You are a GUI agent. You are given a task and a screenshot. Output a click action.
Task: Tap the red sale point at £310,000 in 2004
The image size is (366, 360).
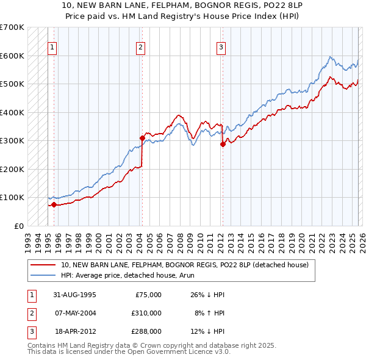click(x=142, y=138)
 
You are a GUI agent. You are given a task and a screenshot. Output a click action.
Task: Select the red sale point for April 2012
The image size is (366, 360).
click(x=223, y=144)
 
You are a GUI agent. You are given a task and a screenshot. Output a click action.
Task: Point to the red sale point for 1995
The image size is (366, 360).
click(x=54, y=204)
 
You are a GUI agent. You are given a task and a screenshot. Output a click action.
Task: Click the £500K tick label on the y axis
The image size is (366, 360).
click(x=12, y=84)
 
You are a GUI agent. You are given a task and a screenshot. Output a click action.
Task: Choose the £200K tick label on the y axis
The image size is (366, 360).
click(x=12, y=169)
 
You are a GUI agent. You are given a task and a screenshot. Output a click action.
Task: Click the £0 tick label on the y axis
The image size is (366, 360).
click(x=18, y=226)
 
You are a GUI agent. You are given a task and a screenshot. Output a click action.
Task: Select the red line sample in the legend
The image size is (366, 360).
click(x=43, y=265)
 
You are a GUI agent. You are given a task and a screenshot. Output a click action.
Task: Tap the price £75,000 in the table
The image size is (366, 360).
click(x=147, y=294)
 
